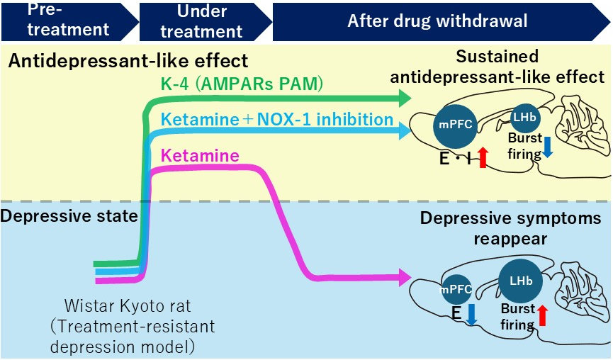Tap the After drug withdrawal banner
pyautogui.click(x=437, y=21)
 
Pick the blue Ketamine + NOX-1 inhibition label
pyautogui.click(x=277, y=119)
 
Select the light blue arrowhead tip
pyautogui.click(x=407, y=130)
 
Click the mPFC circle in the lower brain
pyautogui.click(x=456, y=290)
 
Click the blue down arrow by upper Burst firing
pyautogui.click(x=548, y=146)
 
